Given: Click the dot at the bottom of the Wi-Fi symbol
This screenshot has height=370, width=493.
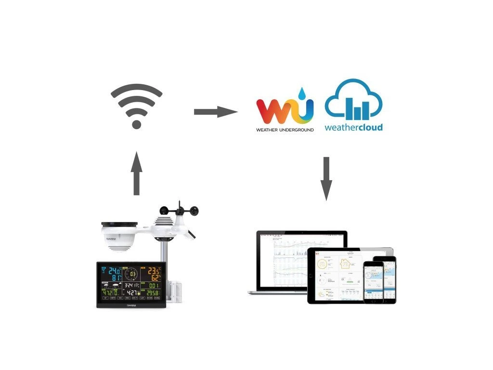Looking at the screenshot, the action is coord(136,124).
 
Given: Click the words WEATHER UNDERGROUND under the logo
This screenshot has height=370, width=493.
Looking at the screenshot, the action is coord(285,130).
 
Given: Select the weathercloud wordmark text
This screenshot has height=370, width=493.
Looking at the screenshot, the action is coord(353,128).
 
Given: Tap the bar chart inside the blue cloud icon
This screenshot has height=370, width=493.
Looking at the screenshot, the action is coord(356,109).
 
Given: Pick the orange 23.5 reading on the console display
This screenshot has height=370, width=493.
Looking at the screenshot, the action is coord(154,271).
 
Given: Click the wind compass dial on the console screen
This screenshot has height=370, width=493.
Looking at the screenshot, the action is coord(131,275).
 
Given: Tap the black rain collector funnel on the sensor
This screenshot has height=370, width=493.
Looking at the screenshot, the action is coord(119,225).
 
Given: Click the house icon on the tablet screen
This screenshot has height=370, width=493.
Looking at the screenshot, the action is coord(345,264).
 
